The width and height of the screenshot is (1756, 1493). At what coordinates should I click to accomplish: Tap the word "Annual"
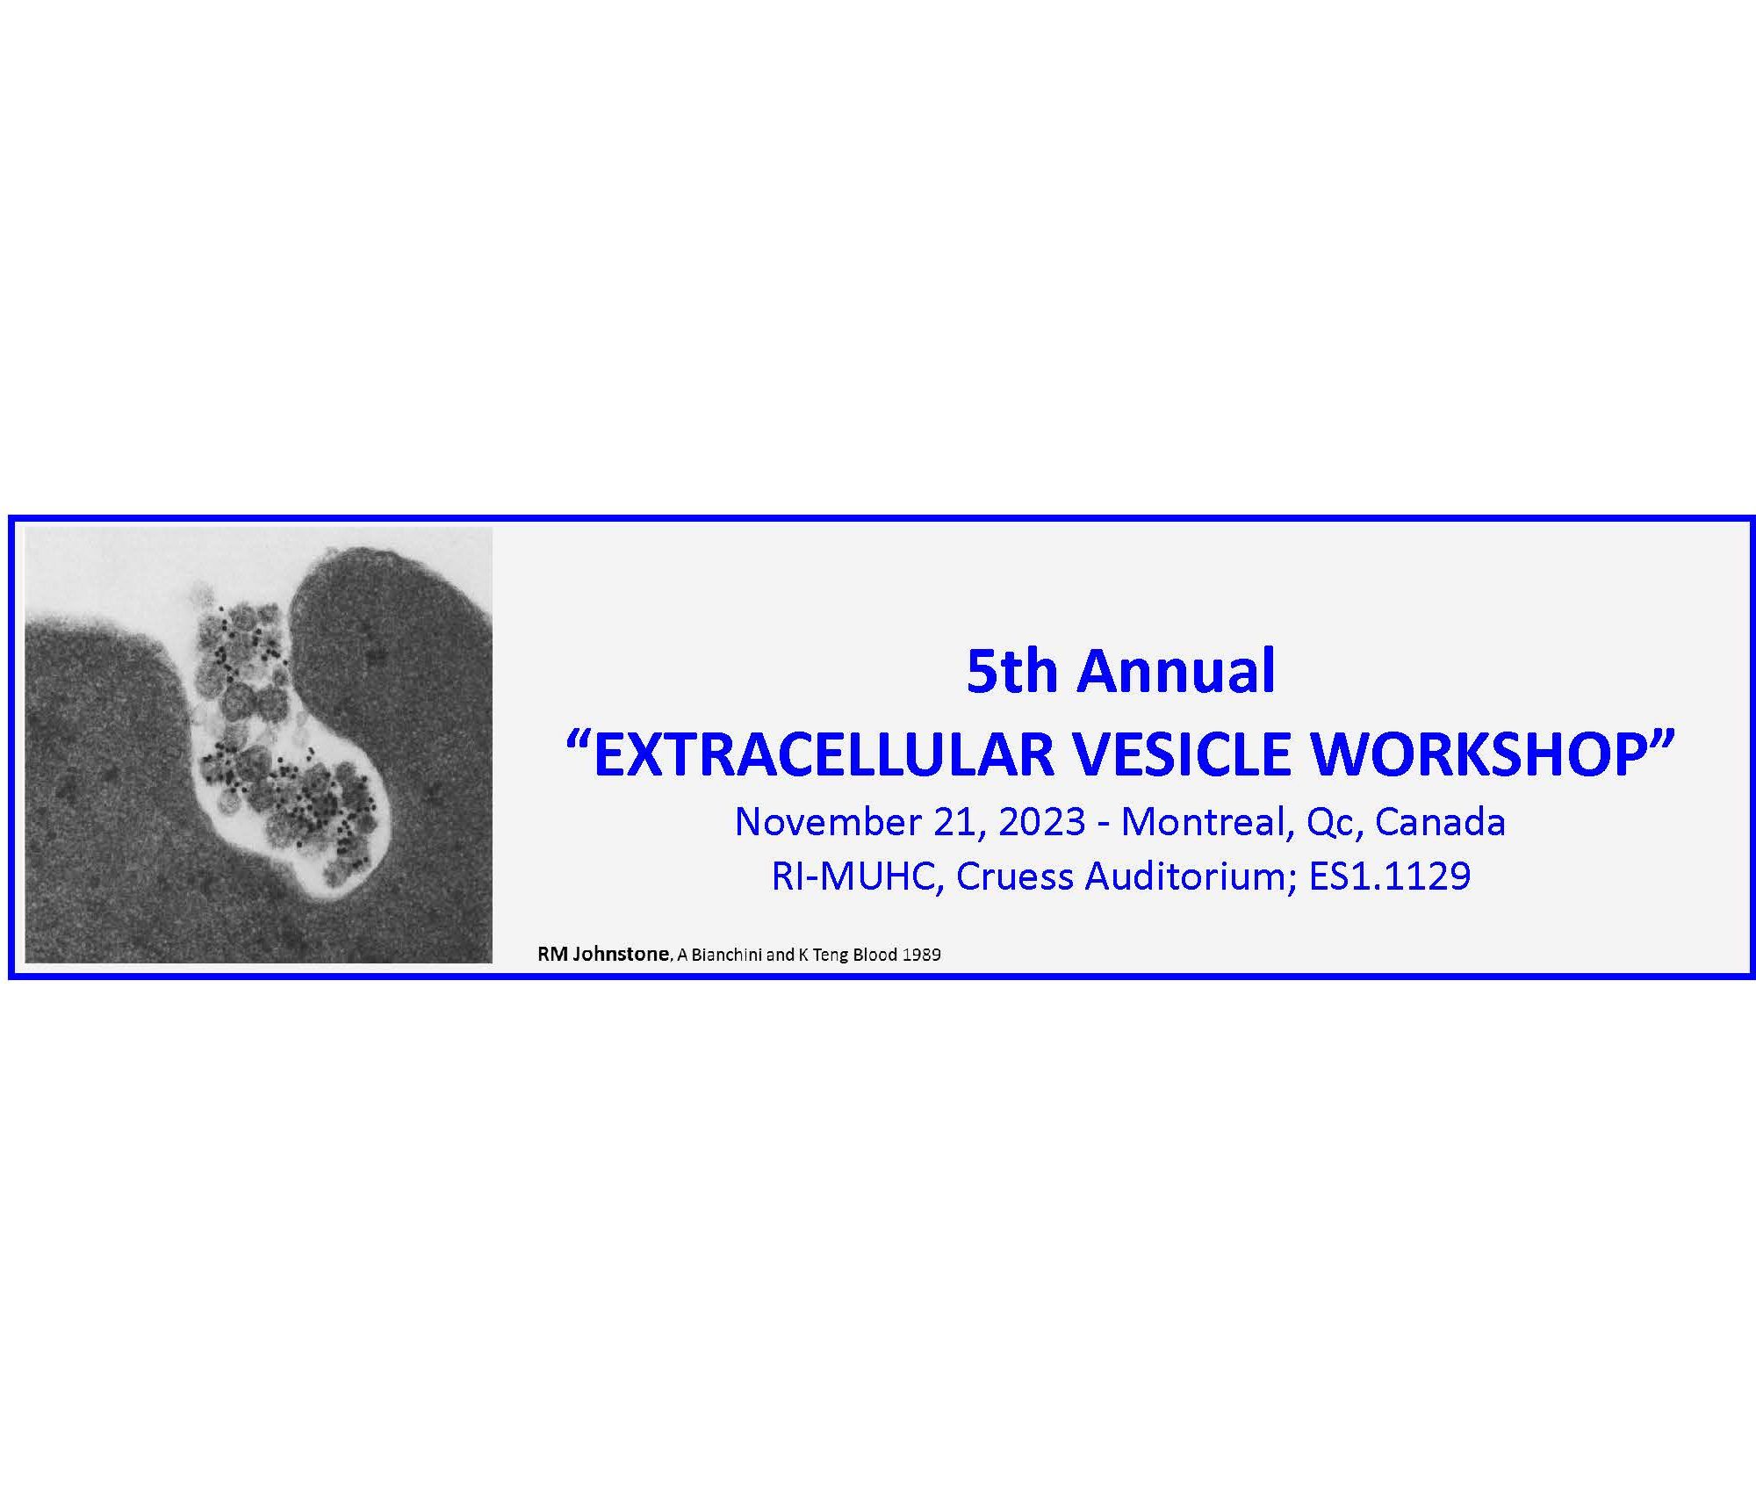1177,672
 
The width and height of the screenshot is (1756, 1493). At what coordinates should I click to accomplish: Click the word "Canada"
1441,822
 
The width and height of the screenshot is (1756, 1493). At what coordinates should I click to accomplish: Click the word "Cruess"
1016,877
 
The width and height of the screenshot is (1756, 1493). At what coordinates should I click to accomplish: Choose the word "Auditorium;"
1191,877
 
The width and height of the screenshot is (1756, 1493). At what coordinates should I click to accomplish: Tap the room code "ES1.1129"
1390,877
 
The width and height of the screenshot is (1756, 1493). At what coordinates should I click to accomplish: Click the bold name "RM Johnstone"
603,955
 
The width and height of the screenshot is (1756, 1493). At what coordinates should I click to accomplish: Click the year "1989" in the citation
921,956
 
